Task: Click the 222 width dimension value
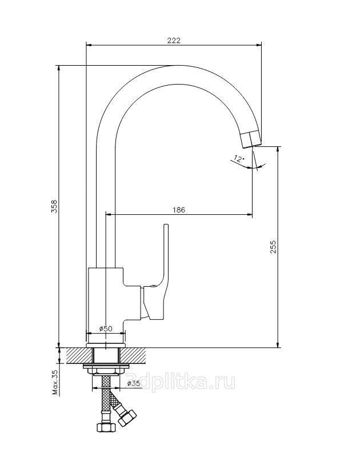click(x=174, y=40)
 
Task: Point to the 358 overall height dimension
click(x=54, y=206)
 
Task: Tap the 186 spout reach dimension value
click(x=179, y=210)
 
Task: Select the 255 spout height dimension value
click(x=273, y=247)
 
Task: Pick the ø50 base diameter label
click(x=106, y=328)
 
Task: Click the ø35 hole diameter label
click(x=134, y=383)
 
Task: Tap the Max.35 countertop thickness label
click(x=55, y=382)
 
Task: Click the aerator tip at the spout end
click(x=251, y=140)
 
